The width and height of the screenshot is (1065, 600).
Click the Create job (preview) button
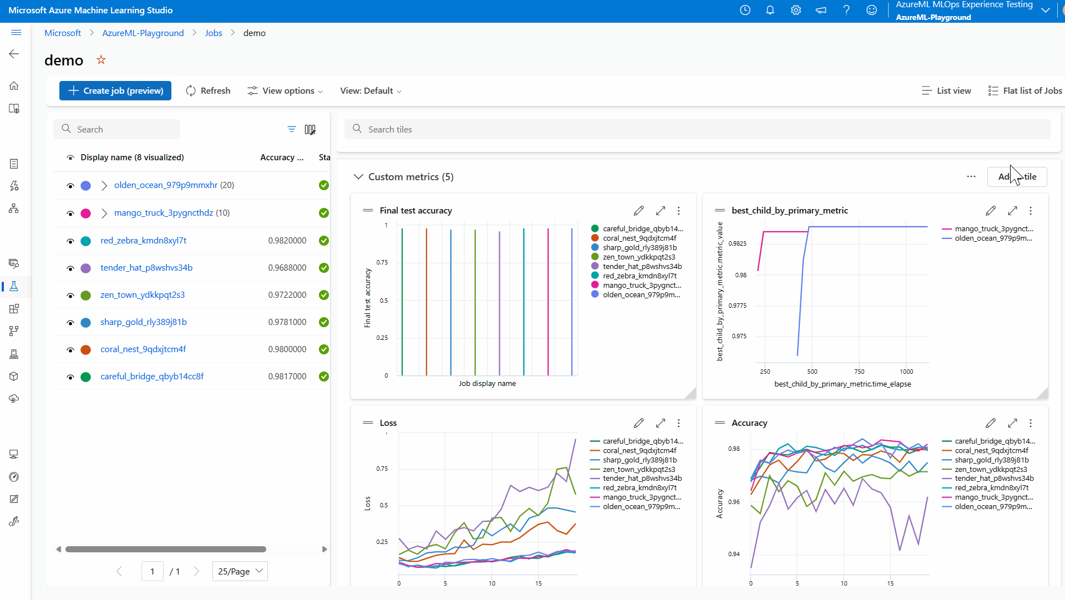click(115, 91)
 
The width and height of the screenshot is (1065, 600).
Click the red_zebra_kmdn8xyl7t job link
click(143, 241)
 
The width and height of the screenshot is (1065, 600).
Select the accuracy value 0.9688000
click(287, 268)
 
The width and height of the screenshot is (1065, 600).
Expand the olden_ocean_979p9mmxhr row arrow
click(104, 186)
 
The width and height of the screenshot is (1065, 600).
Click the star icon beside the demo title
click(101, 60)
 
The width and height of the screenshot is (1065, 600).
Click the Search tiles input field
click(699, 130)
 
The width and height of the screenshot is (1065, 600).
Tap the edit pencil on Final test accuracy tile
click(638, 211)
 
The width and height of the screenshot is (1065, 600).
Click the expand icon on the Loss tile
click(660, 423)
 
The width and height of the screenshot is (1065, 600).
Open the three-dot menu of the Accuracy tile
click(1031, 423)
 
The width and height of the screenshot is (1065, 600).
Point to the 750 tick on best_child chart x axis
click(859, 372)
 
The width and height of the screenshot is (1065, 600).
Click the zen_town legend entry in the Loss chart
click(638, 470)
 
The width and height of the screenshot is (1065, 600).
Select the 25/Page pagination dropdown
click(240, 571)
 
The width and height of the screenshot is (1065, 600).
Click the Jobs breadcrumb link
click(213, 33)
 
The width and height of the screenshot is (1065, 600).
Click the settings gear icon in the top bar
click(796, 10)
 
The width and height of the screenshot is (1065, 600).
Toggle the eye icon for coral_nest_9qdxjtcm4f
click(70, 350)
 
